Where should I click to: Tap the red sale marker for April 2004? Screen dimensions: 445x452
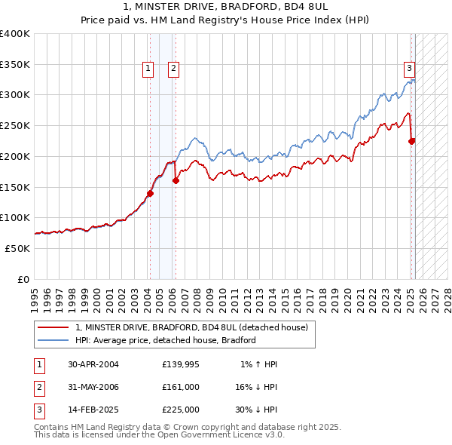[150, 193]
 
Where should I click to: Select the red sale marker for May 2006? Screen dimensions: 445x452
[176, 180]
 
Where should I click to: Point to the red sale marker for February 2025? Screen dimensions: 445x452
[412, 141]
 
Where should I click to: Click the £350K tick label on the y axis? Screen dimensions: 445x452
[14, 65]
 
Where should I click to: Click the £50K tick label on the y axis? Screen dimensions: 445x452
[17, 248]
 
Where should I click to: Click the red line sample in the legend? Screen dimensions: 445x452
[52, 328]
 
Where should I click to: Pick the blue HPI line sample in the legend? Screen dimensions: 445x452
[52, 340]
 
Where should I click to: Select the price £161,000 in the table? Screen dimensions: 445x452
[180, 387]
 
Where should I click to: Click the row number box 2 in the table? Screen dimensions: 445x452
[38, 387]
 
